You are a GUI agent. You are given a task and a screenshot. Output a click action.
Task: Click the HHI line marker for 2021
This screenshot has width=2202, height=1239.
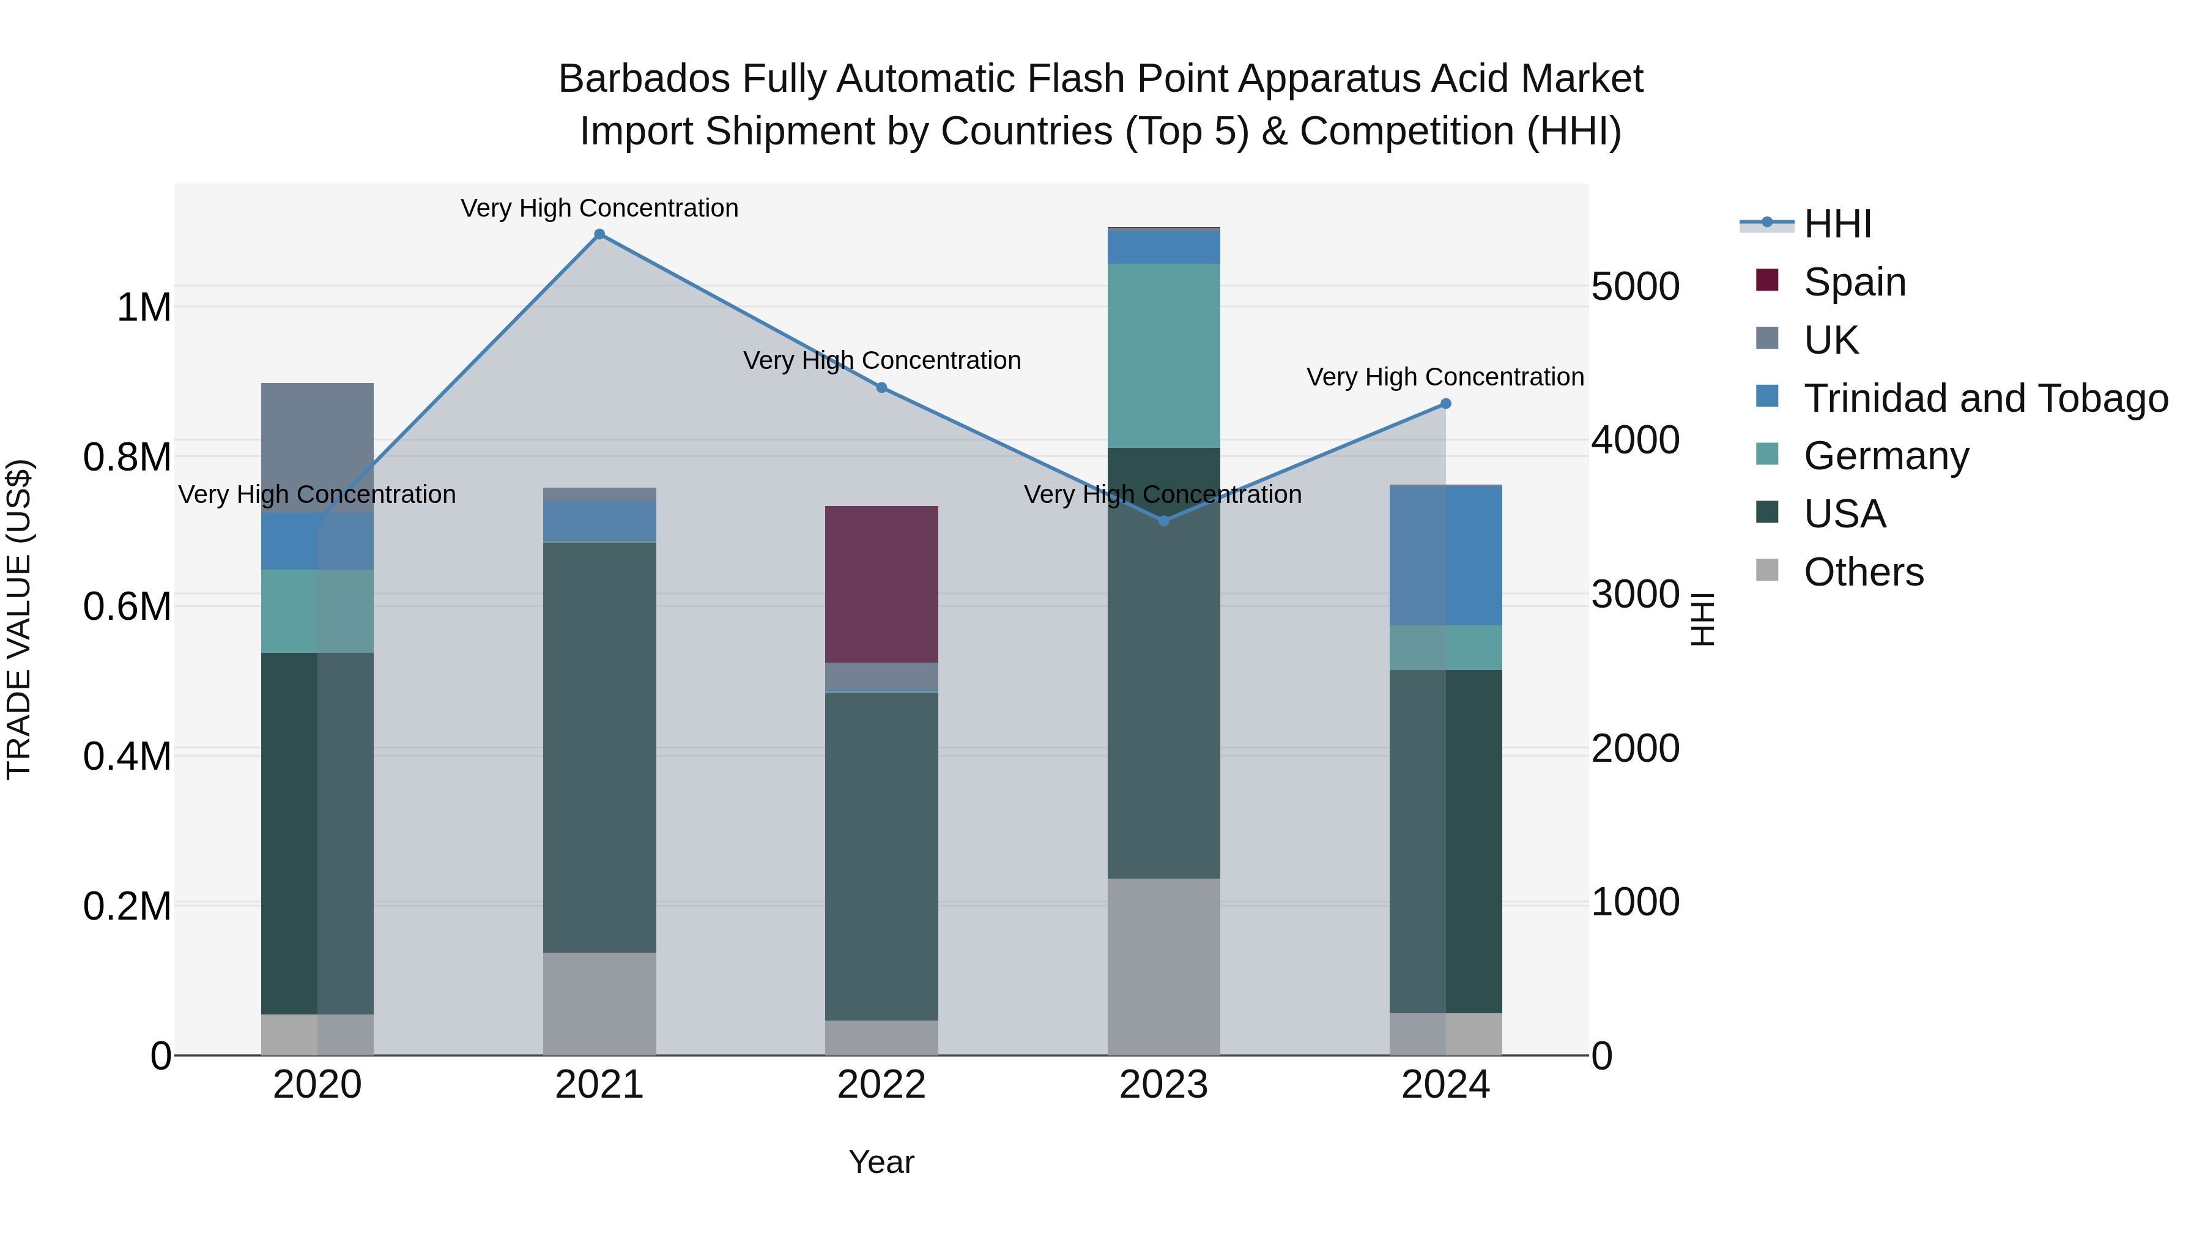tap(599, 234)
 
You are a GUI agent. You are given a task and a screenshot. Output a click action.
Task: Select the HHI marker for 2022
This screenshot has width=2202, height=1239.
tap(881, 387)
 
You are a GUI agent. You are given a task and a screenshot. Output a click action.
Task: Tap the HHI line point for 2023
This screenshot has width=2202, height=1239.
tap(1163, 521)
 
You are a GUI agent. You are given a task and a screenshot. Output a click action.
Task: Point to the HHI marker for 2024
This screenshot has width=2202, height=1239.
tap(1445, 404)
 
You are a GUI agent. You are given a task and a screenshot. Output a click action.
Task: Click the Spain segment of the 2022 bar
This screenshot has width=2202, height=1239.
tap(881, 584)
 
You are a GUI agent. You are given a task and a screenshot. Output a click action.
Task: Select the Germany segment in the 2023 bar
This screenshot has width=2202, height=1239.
tap(1163, 355)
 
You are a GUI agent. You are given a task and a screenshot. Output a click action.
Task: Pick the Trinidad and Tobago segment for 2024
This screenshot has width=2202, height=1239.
tap(1445, 556)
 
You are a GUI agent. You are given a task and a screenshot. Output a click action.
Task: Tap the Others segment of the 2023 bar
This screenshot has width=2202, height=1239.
tap(1163, 966)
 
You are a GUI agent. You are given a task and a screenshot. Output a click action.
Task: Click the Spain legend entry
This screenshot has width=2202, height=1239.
tap(1854, 282)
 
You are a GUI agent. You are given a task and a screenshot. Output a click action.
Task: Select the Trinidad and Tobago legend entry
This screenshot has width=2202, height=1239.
tap(1985, 398)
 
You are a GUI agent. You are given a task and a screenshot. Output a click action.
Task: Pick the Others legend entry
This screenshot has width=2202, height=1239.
tap(1864, 572)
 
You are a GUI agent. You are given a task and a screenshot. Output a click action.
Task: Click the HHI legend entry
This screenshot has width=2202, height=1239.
tap(1837, 224)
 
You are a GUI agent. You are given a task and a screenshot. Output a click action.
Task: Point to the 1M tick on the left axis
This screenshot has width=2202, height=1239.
tap(144, 308)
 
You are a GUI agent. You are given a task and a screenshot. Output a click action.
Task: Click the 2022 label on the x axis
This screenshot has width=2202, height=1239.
tap(881, 1085)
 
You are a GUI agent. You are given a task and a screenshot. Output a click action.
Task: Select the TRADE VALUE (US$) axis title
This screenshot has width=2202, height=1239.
tap(19, 619)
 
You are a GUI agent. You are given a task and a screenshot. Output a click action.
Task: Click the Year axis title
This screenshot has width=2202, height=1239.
tap(881, 1162)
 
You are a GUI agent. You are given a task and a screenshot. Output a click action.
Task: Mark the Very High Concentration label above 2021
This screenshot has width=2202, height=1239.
tap(599, 209)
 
